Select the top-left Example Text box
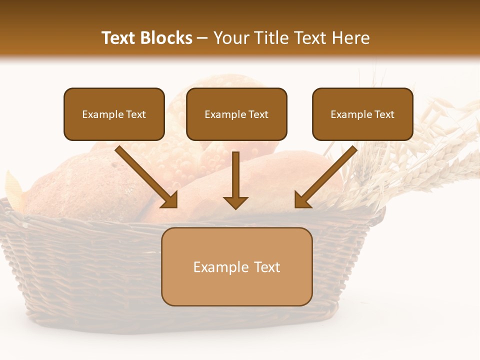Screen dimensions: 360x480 point(114,114)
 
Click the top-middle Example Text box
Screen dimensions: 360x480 point(236,114)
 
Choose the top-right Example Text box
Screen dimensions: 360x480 point(362,114)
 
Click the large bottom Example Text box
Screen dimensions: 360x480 point(236,266)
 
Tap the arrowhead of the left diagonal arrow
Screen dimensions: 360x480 point(170,200)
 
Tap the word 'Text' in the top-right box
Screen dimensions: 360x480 point(384,114)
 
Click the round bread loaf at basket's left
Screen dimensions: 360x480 point(80,185)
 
